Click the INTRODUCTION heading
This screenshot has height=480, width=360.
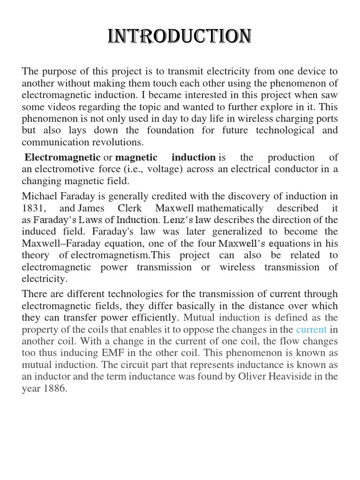pos(180,37)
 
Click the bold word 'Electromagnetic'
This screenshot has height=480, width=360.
pos(62,157)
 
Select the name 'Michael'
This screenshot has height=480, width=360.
pos(39,196)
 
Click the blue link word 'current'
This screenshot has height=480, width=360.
pos(311,330)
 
